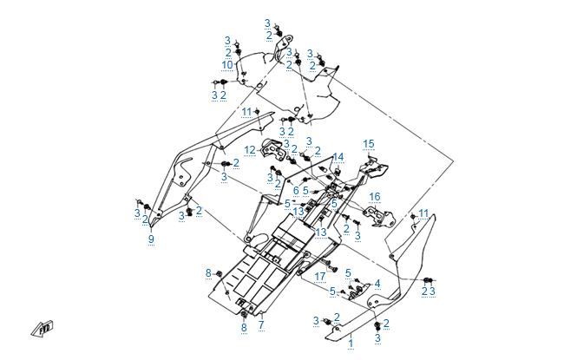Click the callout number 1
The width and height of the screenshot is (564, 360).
click(351, 344)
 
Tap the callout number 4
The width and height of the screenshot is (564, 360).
click(377, 283)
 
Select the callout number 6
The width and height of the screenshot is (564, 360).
click(296, 190)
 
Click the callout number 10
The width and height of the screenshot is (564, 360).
click(227, 64)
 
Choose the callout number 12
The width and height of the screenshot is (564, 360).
click(250, 150)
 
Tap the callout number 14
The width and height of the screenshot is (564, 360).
click(338, 156)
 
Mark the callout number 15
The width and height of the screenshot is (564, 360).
click(369, 143)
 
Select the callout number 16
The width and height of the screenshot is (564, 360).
click(374, 196)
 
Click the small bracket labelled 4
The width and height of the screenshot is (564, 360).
click(358, 291)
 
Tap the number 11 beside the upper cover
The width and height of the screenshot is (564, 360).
click(246, 111)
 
